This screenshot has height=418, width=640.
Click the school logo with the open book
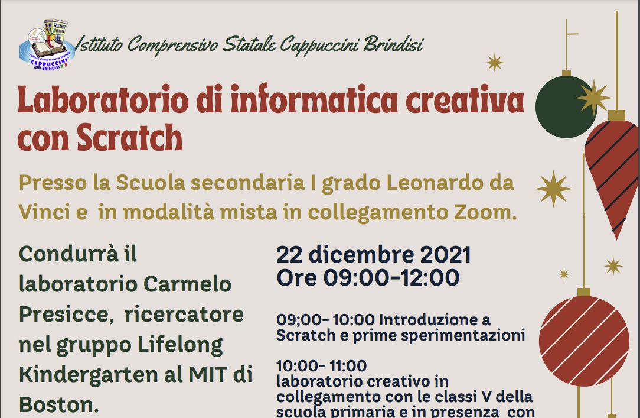pos(47,44)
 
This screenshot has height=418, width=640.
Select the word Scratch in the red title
pos(130,137)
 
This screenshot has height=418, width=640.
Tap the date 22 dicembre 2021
pos(374,254)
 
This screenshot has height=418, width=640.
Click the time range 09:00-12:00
pos(391,277)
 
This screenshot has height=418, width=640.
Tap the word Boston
pos(59,404)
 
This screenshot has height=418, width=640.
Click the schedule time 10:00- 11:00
pos(322,366)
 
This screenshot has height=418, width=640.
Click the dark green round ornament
pos(566,106)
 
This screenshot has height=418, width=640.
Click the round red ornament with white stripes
pos(584,341)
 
